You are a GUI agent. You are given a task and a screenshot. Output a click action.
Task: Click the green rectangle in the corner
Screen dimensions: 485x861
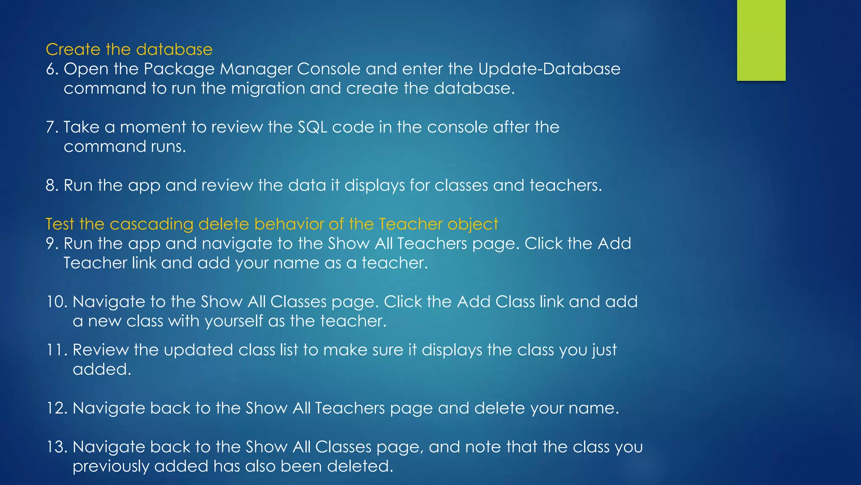point(761,40)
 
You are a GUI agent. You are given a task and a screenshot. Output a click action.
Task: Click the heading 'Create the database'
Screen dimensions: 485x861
point(129,50)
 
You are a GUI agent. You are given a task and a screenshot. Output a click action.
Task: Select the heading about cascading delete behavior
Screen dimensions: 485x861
point(272,224)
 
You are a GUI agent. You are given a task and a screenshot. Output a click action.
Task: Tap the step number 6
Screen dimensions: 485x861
point(52,69)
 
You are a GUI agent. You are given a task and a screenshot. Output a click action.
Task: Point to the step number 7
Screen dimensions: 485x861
point(51,127)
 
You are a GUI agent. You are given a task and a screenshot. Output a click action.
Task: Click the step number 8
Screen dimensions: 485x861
point(52,185)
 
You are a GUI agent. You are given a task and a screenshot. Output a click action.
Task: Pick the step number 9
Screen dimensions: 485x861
point(52,243)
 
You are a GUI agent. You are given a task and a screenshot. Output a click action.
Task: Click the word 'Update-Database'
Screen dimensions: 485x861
point(549,69)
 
